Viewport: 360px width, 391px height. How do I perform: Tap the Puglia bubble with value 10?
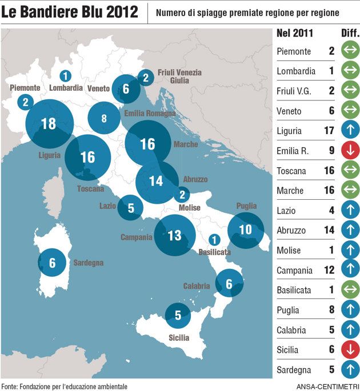click(x=246, y=230)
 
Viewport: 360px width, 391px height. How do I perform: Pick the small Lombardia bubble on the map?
click(x=66, y=76)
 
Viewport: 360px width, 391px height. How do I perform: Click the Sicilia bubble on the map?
click(x=178, y=315)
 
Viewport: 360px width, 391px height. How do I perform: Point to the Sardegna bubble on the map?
click(x=53, y=263)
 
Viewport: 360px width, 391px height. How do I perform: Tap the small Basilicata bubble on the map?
click(x=215, y=240)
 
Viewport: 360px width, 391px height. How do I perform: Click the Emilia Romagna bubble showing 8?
click(x=104, y=119)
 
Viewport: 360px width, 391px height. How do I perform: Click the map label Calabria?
click(x=197, y=286)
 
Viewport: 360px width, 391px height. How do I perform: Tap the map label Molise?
click(x=190, y=208)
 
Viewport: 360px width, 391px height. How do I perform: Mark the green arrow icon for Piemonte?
click(x=349, y=51)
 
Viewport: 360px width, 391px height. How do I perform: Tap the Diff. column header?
click(x=349, y=33)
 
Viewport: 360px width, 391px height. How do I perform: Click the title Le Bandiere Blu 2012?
click(x=70, y=13)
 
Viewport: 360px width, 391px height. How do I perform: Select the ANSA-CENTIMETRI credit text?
click(x=327, y=386)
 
